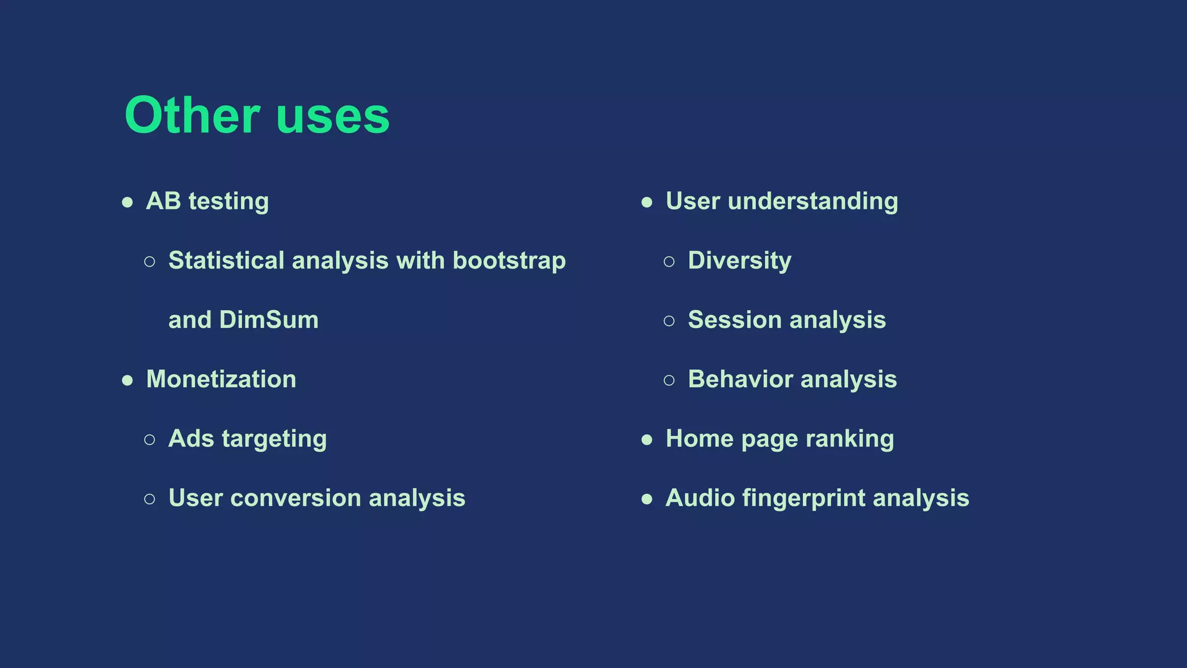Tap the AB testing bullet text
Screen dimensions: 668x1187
(x=207, y=201)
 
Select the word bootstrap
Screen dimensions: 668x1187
(x=509, y=260)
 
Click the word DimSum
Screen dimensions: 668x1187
(x=269, y=320)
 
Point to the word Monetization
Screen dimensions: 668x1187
(x=221, y=379)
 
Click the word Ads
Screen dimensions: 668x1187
(x=191, y=438)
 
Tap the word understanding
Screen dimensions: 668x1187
(x=813, y=201)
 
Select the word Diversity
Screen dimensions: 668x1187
(x=739, y=260)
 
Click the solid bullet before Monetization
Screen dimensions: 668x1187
(x=128, y=380)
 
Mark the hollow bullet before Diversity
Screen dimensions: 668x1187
(x=669, y=262)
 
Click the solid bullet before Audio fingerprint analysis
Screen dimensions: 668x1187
(x=647, y=499)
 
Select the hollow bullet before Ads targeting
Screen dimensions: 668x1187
(x=150, y=440)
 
